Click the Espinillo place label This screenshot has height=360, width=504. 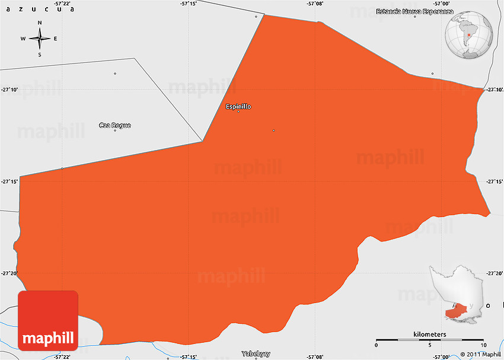point(238,107)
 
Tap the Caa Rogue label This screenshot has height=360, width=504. point(114,125)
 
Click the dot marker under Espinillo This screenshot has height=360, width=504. point(238,112)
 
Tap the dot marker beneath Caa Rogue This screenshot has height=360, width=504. point(115,130)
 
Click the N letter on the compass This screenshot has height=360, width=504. point(40,23)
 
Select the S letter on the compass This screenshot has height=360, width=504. point(40,55)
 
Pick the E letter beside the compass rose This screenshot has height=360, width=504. point(55,39)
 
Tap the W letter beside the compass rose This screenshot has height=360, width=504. point(23,39)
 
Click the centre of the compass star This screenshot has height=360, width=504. point(40,39)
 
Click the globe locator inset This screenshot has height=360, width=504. point(471,36)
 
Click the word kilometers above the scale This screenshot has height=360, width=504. point(430,334)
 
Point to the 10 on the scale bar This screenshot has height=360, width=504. point(484,346)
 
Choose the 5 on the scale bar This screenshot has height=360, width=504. point(430,346)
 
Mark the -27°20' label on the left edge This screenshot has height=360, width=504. point(9,273)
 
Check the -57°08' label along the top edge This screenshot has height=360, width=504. point(315,4)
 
